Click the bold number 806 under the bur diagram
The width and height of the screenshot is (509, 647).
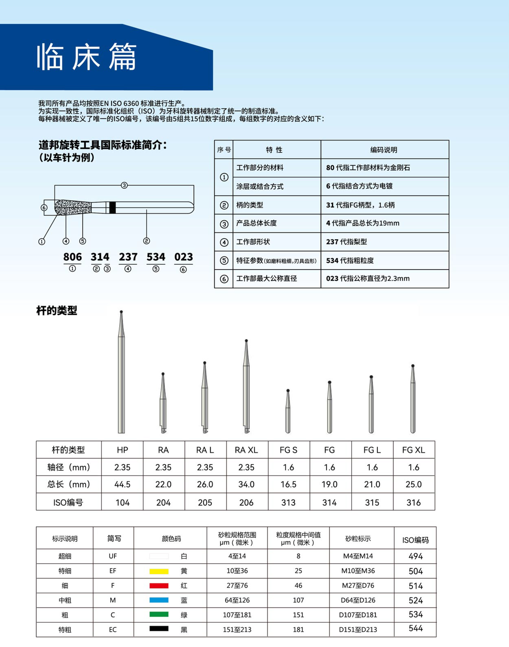72,257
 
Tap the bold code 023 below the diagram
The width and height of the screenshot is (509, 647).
184,257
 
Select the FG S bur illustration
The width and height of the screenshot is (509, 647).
288,411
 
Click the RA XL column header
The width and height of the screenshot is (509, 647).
246,450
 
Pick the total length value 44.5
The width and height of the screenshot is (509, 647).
122,484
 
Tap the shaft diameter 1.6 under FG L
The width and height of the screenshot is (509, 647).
372,467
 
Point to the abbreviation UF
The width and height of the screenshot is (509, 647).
113,556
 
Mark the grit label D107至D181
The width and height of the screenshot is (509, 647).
358,615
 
